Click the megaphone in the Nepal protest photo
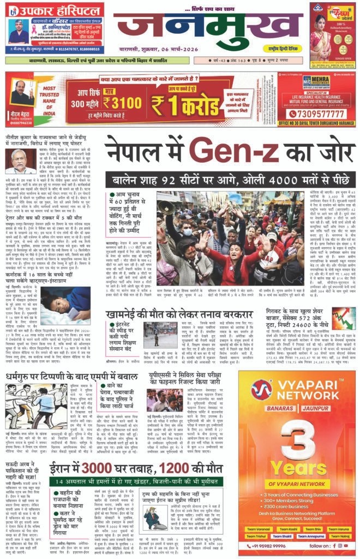[165, 207]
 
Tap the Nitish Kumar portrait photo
[19, 160]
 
